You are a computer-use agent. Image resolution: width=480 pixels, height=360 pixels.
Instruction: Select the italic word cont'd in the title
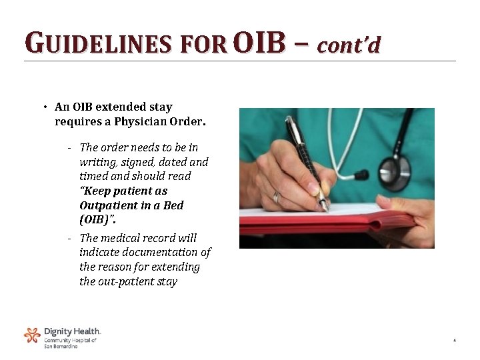349,45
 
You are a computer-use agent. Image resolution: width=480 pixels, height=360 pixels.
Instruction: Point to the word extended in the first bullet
128,107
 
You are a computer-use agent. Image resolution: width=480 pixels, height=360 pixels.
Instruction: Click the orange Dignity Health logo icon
32,335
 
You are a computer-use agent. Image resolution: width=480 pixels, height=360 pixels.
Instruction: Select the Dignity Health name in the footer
73,331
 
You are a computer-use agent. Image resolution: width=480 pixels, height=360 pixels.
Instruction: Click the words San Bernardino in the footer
61,347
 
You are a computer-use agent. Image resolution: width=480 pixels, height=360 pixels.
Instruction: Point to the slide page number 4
453,341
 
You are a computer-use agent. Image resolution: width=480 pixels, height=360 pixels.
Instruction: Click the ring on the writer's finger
277,197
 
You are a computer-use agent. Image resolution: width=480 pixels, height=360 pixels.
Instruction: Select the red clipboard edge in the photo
320,227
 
